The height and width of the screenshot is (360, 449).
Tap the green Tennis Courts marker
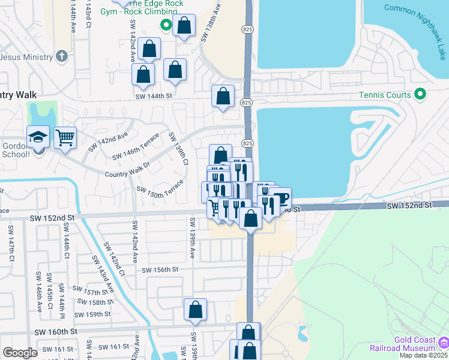pyautogui.click(x=420, y=95)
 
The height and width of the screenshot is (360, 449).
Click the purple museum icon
pyautogui.click(x=444, y=343)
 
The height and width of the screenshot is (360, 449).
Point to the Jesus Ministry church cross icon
pyautogui.click(x=60, y=56)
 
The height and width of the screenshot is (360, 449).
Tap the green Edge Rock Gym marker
pyautogui.click(x=166, y=25)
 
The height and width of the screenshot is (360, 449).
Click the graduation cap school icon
pyautogui.click(x=38, y=137)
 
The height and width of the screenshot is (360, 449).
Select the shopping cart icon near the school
pyautogui.click(x=65, y=137)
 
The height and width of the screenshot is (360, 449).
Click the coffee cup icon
pyautogui.click(x=280, y=198)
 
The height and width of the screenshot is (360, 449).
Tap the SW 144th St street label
pyautogui.click(x=154, y=96)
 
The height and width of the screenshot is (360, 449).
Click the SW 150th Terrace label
pyautogui.click(x=160, y=190)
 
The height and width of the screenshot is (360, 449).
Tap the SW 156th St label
pyautogui.click(x=160, y=270)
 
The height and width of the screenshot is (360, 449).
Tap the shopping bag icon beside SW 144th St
pyautogui.click(x=223, y=95)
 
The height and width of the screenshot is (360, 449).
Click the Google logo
pyautogui.click(x=20, y=353)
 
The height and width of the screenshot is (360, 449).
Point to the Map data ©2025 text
pyautogui.click(x=423, y=355)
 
